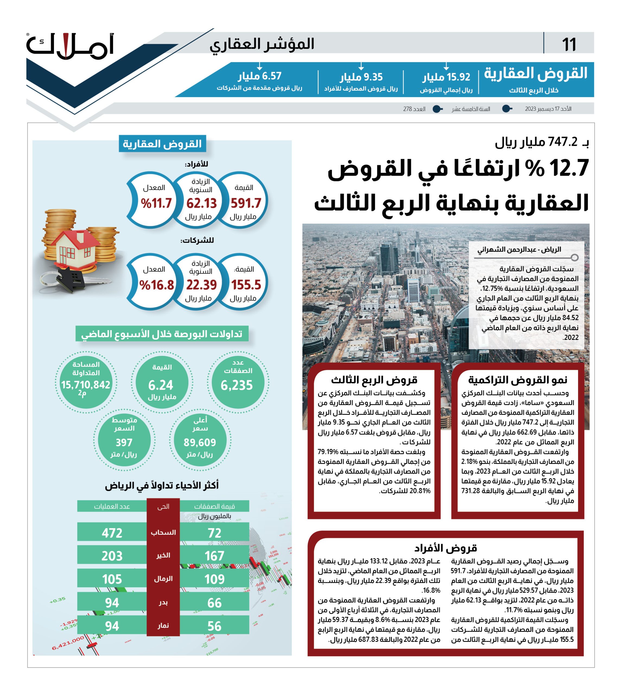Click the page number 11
click(x=569, y=45)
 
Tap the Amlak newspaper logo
click(x=70, y=46)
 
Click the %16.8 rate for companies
click(x=157, y=285)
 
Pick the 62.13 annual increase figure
click(x=201, y=203)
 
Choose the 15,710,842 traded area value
click(x=86, y=385)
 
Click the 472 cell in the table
click(x=112, y=533)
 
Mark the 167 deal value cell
click(x=214, y=556)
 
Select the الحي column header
click(x=163, y=506)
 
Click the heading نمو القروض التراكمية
click(x=518, y=380)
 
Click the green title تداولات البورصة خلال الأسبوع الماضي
click(x=162, y=334)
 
